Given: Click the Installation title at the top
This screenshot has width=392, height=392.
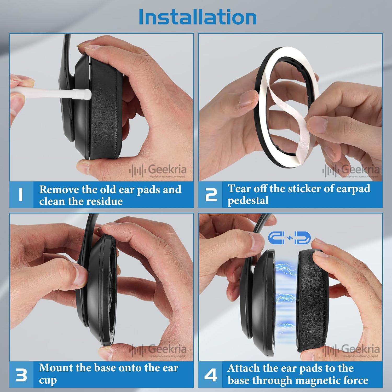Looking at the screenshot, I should (x=198, y=17).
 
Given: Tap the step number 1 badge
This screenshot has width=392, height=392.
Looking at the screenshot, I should (x=21, y=195).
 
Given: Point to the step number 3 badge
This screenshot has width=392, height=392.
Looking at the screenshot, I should (x=21, y=375).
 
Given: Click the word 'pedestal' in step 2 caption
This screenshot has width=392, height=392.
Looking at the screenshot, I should (x=248, y=200).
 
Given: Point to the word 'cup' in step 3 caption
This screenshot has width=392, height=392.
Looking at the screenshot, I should (x=48, y=380).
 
